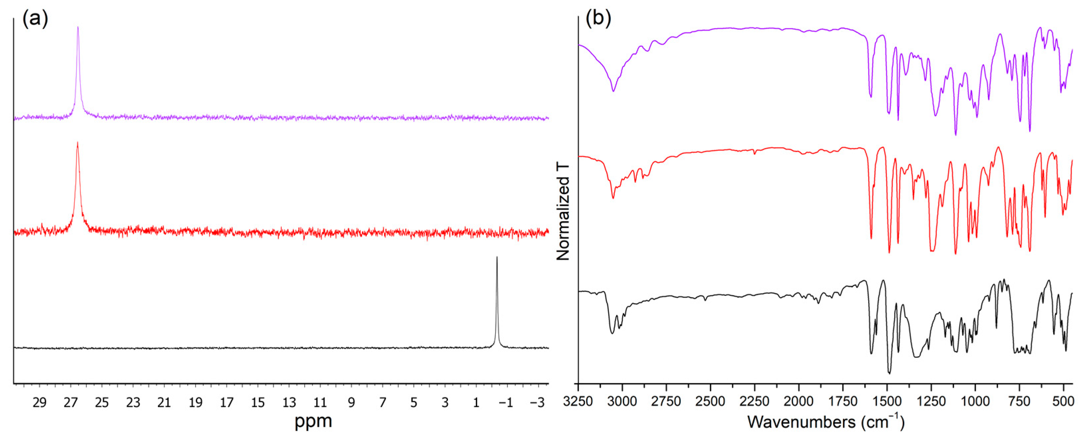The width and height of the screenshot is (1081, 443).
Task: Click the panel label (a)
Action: [x=35, y=19]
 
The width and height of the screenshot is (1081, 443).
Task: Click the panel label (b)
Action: [x=598, y=19]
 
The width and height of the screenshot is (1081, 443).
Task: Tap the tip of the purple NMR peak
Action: [x=77, y=27]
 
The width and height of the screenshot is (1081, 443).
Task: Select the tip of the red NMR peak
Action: [x=77, y=143]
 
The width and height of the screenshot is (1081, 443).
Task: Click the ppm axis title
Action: [x=313, y=421]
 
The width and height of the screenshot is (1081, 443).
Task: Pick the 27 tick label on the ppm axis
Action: [x=70, y=403]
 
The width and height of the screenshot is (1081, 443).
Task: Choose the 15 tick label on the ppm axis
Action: [x=258, y=403]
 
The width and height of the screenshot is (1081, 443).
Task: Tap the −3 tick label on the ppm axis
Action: [x=537, y=403]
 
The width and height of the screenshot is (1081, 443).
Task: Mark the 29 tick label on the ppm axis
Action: [x=40, y=403]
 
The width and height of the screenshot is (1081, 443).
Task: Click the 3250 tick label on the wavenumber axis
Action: [x=578, y=401]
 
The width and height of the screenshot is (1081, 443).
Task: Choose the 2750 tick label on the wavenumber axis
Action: [x=666, y=401]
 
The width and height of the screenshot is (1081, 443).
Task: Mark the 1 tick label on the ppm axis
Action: [x=476, y=403]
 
